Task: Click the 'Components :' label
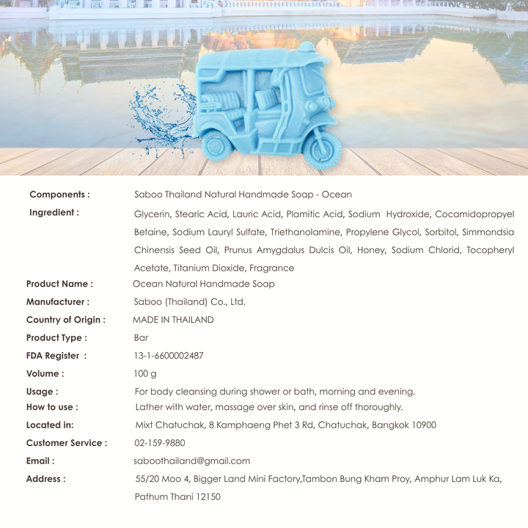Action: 59,194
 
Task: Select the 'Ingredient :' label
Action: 54,213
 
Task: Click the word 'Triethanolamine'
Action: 307,232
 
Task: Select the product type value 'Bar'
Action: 141,338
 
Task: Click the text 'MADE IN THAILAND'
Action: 173,320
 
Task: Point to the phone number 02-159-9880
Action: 160,443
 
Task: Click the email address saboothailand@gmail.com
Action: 192,461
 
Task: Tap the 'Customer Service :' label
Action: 66,443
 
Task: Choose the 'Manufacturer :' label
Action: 57,301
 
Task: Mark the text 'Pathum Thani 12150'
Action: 177,496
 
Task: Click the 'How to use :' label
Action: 52,407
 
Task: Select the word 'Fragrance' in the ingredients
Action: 271,268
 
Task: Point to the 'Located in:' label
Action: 50,425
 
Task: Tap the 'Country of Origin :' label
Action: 65,320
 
